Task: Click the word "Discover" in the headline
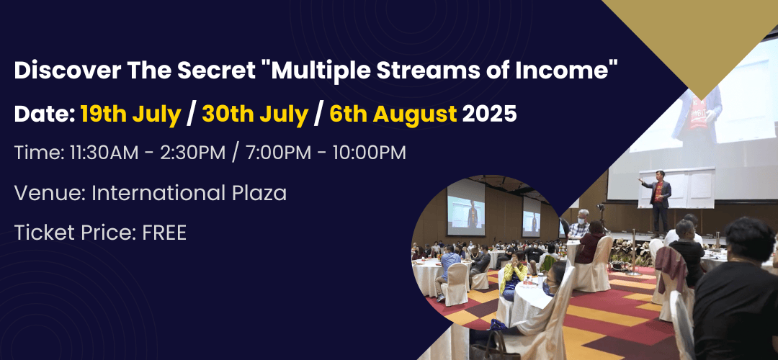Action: [66, 71]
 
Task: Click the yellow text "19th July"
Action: [130, 114]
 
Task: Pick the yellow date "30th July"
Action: [255, 114]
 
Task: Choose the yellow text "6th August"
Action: [393, 114]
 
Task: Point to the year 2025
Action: [489, 114]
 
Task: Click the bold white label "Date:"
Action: [44, 114]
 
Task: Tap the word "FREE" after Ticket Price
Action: [164, 233]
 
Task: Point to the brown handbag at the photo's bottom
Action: [493, 346]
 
